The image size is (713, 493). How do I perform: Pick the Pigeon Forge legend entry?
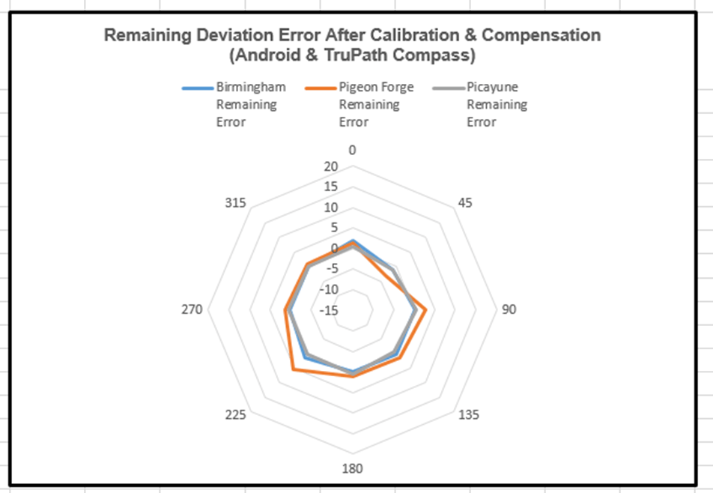(x=361, y=104)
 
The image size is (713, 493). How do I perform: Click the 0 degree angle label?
(x=352, y=150)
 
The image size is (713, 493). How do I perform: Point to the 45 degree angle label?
(x=465, y=203)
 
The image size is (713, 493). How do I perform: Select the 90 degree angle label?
(x=509, y=310)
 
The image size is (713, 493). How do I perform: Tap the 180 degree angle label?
(x=352, y=470)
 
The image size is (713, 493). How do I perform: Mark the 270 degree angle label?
(x=192, y=310)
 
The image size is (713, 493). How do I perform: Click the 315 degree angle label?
(x=236, y=203)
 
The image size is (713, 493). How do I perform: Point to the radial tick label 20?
(x=332, y=166)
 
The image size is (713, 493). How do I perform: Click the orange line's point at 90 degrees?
(x=425, y=310)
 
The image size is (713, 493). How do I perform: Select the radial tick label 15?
(x=332, y=187)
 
